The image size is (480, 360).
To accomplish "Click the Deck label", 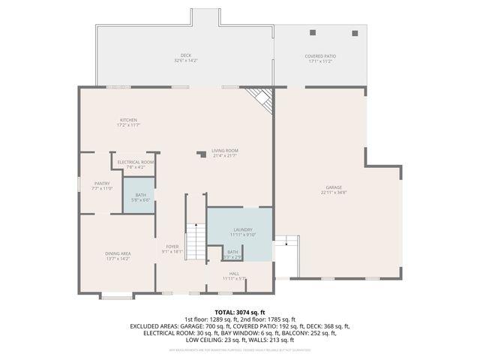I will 185,56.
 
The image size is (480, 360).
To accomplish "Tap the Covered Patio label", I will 320,56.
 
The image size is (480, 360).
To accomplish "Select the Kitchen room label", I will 129,120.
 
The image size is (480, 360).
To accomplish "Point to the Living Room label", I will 224,151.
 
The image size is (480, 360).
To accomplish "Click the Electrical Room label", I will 136,162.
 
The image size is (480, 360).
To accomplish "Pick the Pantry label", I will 102,183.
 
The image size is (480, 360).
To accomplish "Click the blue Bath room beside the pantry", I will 139,195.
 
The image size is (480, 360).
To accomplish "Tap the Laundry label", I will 242,230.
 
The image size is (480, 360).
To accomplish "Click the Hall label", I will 234,274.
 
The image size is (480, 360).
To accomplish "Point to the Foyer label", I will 172,247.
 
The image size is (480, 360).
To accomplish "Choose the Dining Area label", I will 118,253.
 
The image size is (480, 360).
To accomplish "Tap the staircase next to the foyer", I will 195,241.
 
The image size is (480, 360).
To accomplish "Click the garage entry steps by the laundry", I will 286,241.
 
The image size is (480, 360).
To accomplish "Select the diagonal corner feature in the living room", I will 260,99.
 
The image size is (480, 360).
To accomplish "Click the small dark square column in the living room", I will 200,154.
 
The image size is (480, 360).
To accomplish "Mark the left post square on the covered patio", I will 313,32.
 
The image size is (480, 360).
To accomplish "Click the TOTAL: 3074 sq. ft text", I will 240,311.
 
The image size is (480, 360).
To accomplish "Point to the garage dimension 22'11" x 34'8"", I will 334,193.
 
